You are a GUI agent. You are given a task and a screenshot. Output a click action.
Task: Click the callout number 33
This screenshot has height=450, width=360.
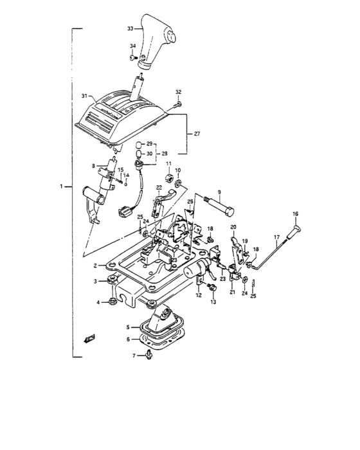click(130, 29)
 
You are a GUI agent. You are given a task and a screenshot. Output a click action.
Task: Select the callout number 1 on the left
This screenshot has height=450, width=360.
click(62, 186)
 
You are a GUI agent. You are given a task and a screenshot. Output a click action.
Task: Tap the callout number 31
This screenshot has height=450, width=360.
click(84, 96)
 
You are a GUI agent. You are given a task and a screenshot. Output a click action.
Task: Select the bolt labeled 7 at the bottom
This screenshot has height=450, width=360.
click(149, 355)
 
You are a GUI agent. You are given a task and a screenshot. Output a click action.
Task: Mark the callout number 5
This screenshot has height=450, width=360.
click(127, 327)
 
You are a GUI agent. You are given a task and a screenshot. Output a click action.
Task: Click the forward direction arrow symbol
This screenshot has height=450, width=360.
click(89, 339)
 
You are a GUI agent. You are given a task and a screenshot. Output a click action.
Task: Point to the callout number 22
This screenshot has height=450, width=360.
click(158, 187)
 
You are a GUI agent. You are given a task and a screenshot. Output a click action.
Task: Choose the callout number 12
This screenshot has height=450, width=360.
click(199, 295)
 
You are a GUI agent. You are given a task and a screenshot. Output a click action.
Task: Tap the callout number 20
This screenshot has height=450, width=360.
click(234, 227)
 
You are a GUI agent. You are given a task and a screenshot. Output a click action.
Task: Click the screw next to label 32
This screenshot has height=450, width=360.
click(178, 104)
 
